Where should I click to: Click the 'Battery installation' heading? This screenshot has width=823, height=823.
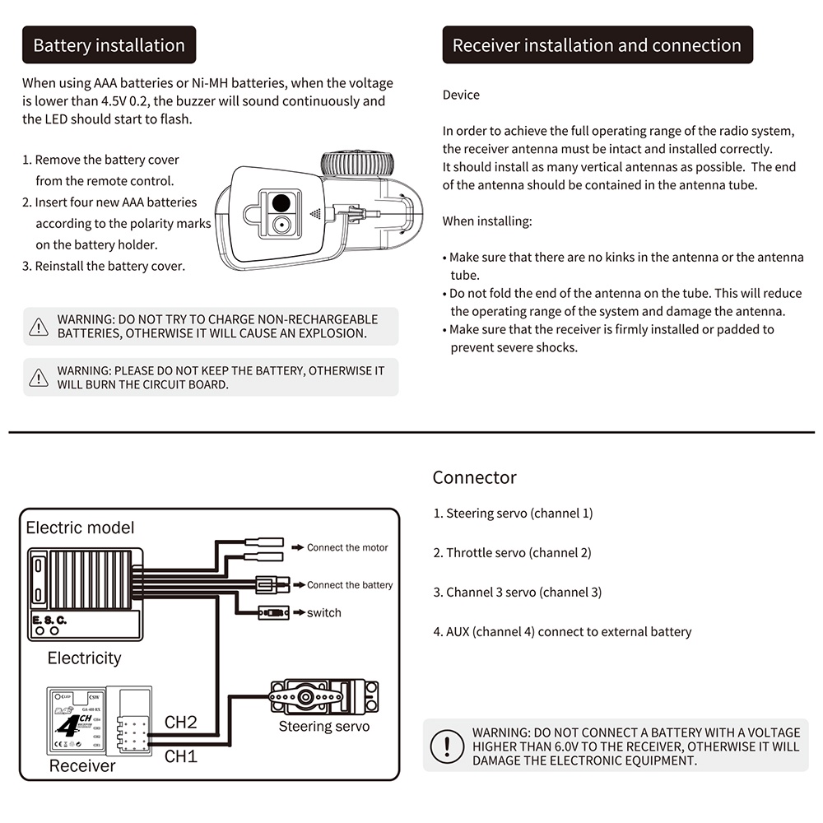(x=109, y=45)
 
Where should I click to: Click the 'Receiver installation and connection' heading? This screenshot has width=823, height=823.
(x=597, y=45)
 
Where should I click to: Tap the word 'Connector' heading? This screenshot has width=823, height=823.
(x=475, y=477)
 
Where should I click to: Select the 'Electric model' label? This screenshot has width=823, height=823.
(x=80, y=528)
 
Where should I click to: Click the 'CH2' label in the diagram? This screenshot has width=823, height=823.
(x=181, y=723)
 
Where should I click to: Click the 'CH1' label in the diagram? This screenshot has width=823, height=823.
(x=181, y=756)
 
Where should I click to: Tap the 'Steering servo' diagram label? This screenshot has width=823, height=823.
(x=323, y=727)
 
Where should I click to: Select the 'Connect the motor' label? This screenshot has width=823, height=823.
(x=347, y=547)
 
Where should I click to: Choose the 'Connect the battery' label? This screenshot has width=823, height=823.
(x=350, y=585)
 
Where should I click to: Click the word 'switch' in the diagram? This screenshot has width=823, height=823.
(x=323, y=612)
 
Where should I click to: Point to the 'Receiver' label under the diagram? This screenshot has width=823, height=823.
(x=82, y=766)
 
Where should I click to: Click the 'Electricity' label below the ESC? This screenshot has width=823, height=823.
(x=84, y=658)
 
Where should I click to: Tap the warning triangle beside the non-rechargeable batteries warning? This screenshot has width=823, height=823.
(x=39, y=327)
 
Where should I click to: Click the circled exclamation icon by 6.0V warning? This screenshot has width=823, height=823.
(x=447, y=746)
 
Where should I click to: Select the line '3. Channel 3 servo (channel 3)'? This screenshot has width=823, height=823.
(x=517, y=592)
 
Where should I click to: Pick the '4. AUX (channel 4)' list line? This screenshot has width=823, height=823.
(x=562, y=632)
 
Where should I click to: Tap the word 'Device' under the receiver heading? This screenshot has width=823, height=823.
(x=461, y=95)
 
